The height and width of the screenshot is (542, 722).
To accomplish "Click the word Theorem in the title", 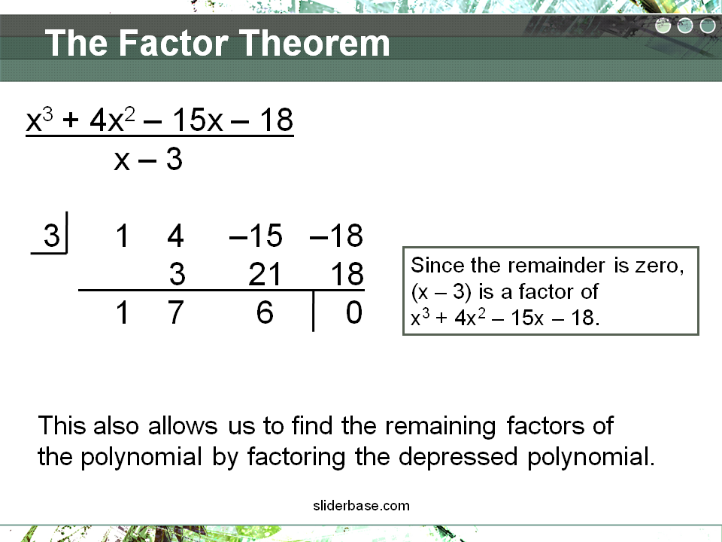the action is tap(314, 43).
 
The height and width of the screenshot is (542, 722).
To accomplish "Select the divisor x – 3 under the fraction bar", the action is tap(148, 160).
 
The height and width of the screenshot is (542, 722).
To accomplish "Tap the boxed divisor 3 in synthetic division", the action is tap(52, 235).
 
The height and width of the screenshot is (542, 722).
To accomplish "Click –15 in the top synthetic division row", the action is tap(256, 235).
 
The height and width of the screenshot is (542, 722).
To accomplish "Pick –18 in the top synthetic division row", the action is tap(337, 235).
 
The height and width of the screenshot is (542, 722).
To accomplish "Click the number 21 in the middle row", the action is tap(264, 274).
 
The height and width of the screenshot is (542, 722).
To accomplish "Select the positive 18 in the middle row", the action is tap(347, 274).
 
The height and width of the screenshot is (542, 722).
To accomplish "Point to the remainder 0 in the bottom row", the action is tap(354, 312).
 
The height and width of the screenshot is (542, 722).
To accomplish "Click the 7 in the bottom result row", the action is tap(175, 312).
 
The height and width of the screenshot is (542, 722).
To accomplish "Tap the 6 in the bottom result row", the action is tap(265, 312).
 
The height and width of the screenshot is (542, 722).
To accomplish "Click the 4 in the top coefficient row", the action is tap(175, 235).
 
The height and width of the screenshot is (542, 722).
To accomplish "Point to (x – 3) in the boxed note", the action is tap(441, 292).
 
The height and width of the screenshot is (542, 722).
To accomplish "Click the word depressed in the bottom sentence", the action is tap(458, 457).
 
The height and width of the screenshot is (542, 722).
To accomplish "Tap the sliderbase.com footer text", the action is tap(362, 506).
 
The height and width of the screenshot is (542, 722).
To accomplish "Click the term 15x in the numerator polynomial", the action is tap(198, 120).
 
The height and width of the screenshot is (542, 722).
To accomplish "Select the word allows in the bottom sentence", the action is tap(183, 425).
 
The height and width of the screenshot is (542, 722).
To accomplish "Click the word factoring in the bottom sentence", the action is tap(296, 457).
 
